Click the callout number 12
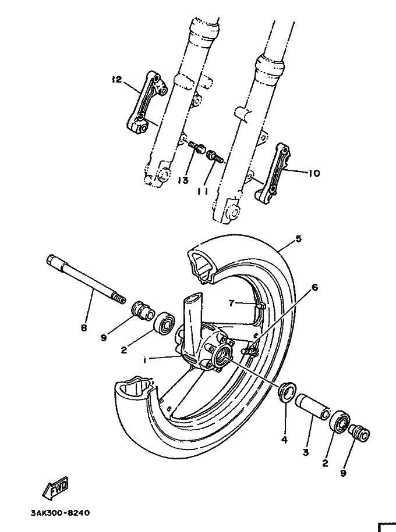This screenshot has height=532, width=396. click(x=117, y=80)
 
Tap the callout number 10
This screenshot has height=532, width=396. click(x=314, y=173)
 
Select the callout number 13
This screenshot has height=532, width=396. click(x=183, y=180)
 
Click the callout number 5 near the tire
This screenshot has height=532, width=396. click(x=299, y=238)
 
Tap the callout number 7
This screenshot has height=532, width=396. click(x=231, y=303)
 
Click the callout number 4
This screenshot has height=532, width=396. click(x=284, y=440)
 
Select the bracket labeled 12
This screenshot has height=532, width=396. click(x=146, y=105)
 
